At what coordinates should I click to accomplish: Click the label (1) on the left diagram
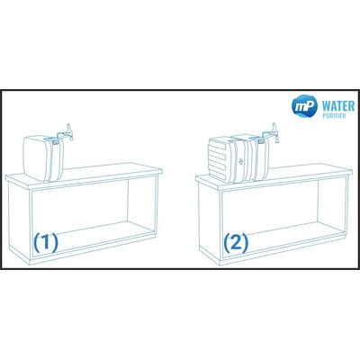coord(46,243)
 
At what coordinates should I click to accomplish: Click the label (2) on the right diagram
coord(236,243)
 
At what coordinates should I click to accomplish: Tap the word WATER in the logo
coord(338,106)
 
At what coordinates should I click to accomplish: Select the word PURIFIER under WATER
coord(335,116)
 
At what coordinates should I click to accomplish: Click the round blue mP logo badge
coord(304,105)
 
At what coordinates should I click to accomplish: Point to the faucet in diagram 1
coord(66,133)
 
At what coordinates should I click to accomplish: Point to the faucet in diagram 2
coord(271,133)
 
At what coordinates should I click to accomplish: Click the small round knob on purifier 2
coord(240,161)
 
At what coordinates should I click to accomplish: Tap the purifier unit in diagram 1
coord(43,158)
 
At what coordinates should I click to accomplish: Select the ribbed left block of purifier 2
coord(220,159)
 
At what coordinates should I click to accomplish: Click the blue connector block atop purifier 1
coord(55,142)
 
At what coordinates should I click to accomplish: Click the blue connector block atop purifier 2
coord(261,140)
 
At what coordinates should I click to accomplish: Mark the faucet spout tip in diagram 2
coord(278,141)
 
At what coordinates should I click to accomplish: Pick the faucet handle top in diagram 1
coord(68,125)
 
